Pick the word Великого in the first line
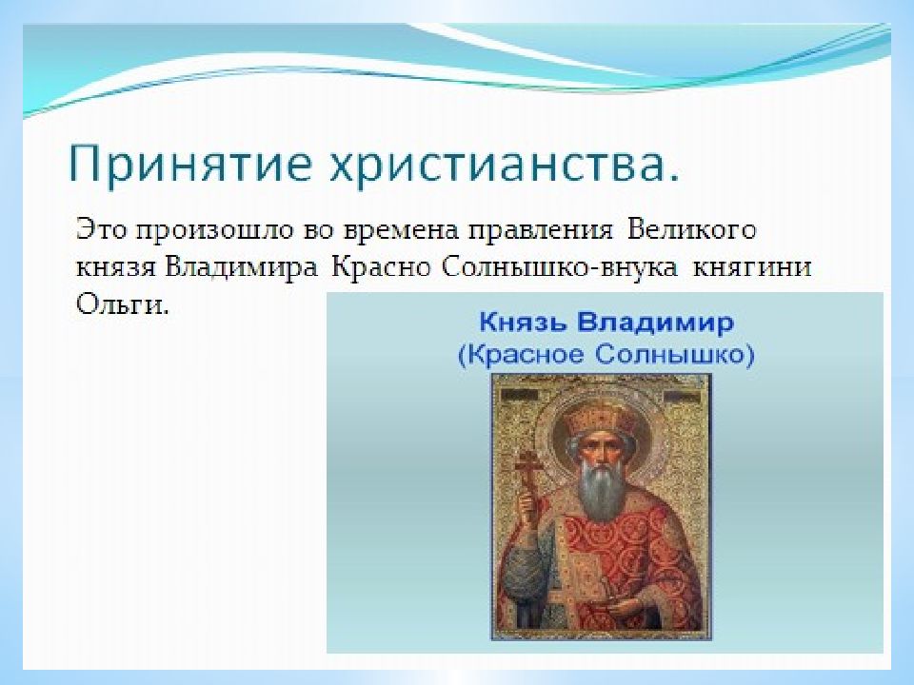coord(692,229)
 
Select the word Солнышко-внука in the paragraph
coord(560,268)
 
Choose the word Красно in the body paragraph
coord(381,268)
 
